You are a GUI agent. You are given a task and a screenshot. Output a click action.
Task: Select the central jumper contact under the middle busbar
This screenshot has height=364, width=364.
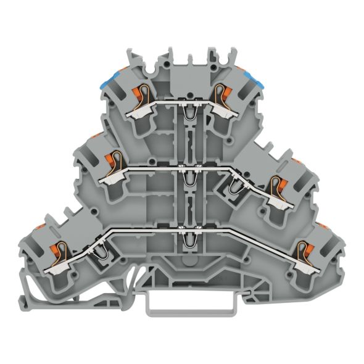coord(188,178)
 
